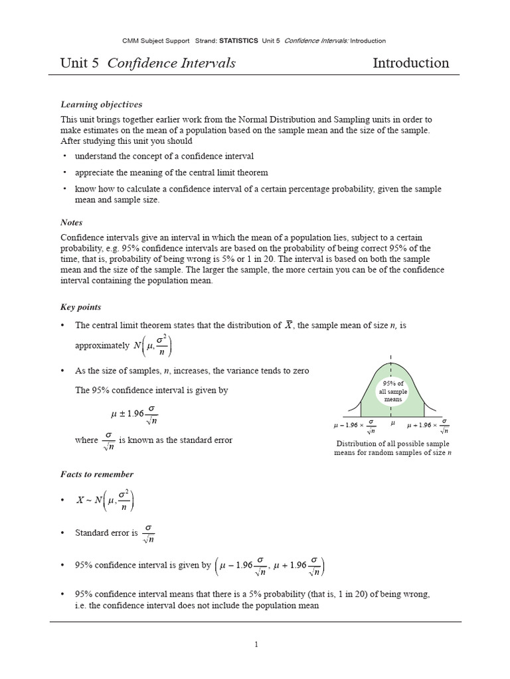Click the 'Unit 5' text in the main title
coord(80,64)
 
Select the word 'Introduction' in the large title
coord(410,64)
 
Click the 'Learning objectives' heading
coord(102,105)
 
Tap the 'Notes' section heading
coord(72,223)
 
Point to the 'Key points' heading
coord(81,308)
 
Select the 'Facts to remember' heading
coord(97,474)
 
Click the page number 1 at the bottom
coord(256,643)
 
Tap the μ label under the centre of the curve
coord(392,422)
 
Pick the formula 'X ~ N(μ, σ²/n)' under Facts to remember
coord(105,501)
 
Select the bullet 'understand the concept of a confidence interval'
coord(164,156)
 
